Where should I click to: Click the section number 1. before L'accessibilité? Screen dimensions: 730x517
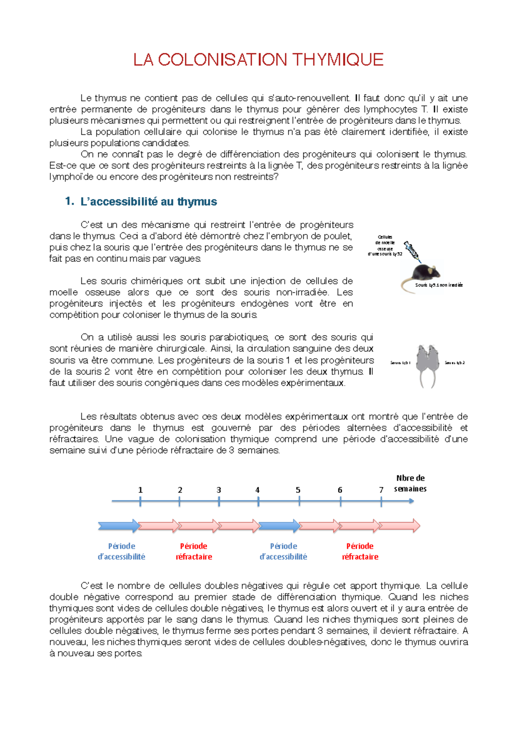tap(70, 201)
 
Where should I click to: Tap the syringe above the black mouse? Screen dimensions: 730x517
tap(411, 251)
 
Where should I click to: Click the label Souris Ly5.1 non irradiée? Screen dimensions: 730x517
tap(439, 285)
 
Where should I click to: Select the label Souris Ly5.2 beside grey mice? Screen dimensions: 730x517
tap(455, 363)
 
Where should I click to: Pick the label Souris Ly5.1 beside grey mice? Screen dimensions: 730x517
tap(400, 363)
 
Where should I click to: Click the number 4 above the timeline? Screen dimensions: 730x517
tap(257, 490)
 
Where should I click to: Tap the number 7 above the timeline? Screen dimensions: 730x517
tap(381, 490)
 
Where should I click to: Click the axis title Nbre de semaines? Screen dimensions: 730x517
tap(410, 483)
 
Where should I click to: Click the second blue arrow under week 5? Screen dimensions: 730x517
tap(279, 526)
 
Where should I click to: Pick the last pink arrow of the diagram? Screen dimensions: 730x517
tap(399, 526)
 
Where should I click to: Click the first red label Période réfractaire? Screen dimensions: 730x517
tap(193, 551)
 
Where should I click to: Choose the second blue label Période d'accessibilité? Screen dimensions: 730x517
tap(283, 551)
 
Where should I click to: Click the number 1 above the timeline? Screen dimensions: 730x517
tap(140, 490)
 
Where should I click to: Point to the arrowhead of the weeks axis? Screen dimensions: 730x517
tap(411, 501)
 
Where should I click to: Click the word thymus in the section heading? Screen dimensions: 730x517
tap(197, 201)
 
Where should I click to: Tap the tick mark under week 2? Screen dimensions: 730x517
tap(179, 501)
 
